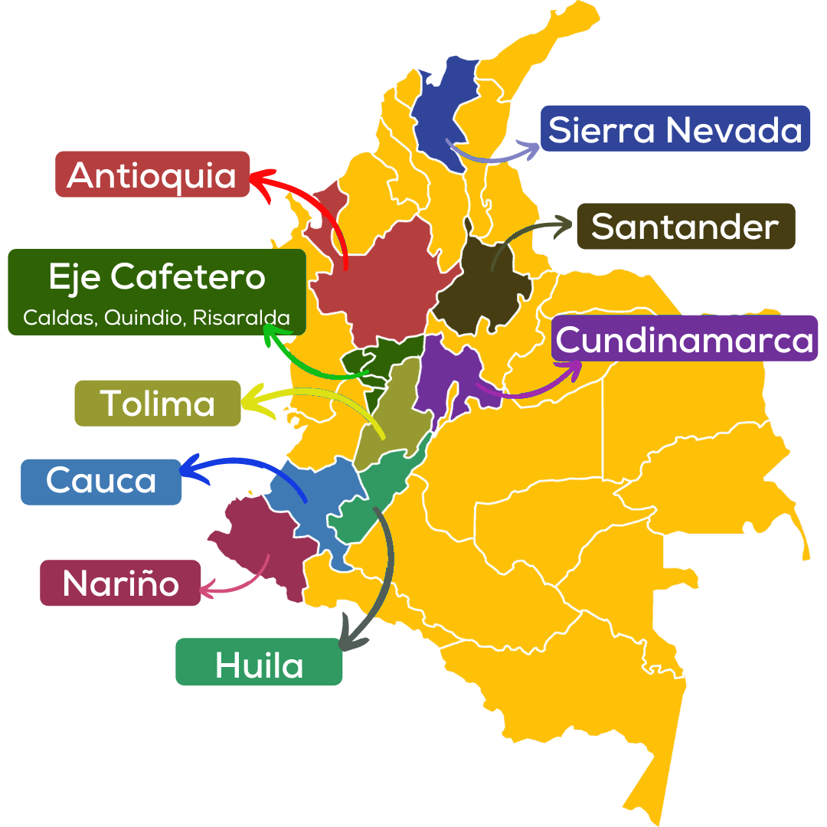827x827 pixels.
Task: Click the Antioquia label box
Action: (x=152, y=175)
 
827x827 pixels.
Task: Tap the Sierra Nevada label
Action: (x=675, y=129)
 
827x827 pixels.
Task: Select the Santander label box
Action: (x=685, y=227)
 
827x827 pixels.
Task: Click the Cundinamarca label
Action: (x=685, y=338)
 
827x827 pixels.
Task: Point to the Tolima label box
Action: (x=158, y=403)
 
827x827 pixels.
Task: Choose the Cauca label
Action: (x=101, y=481)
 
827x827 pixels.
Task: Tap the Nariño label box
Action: (x=120, y=583)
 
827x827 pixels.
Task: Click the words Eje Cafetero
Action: (x=157, y=277)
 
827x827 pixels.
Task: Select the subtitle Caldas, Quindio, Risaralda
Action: (x=157, y=317)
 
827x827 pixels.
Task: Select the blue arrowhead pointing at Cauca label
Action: (x=190, y=467)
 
